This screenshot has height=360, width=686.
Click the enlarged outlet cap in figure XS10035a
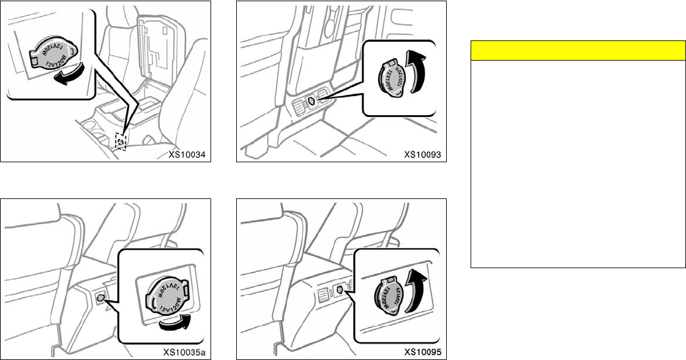pos(162,290)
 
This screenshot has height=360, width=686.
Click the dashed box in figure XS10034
pos(122,141)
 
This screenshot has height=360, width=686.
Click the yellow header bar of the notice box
pos(577,50)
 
